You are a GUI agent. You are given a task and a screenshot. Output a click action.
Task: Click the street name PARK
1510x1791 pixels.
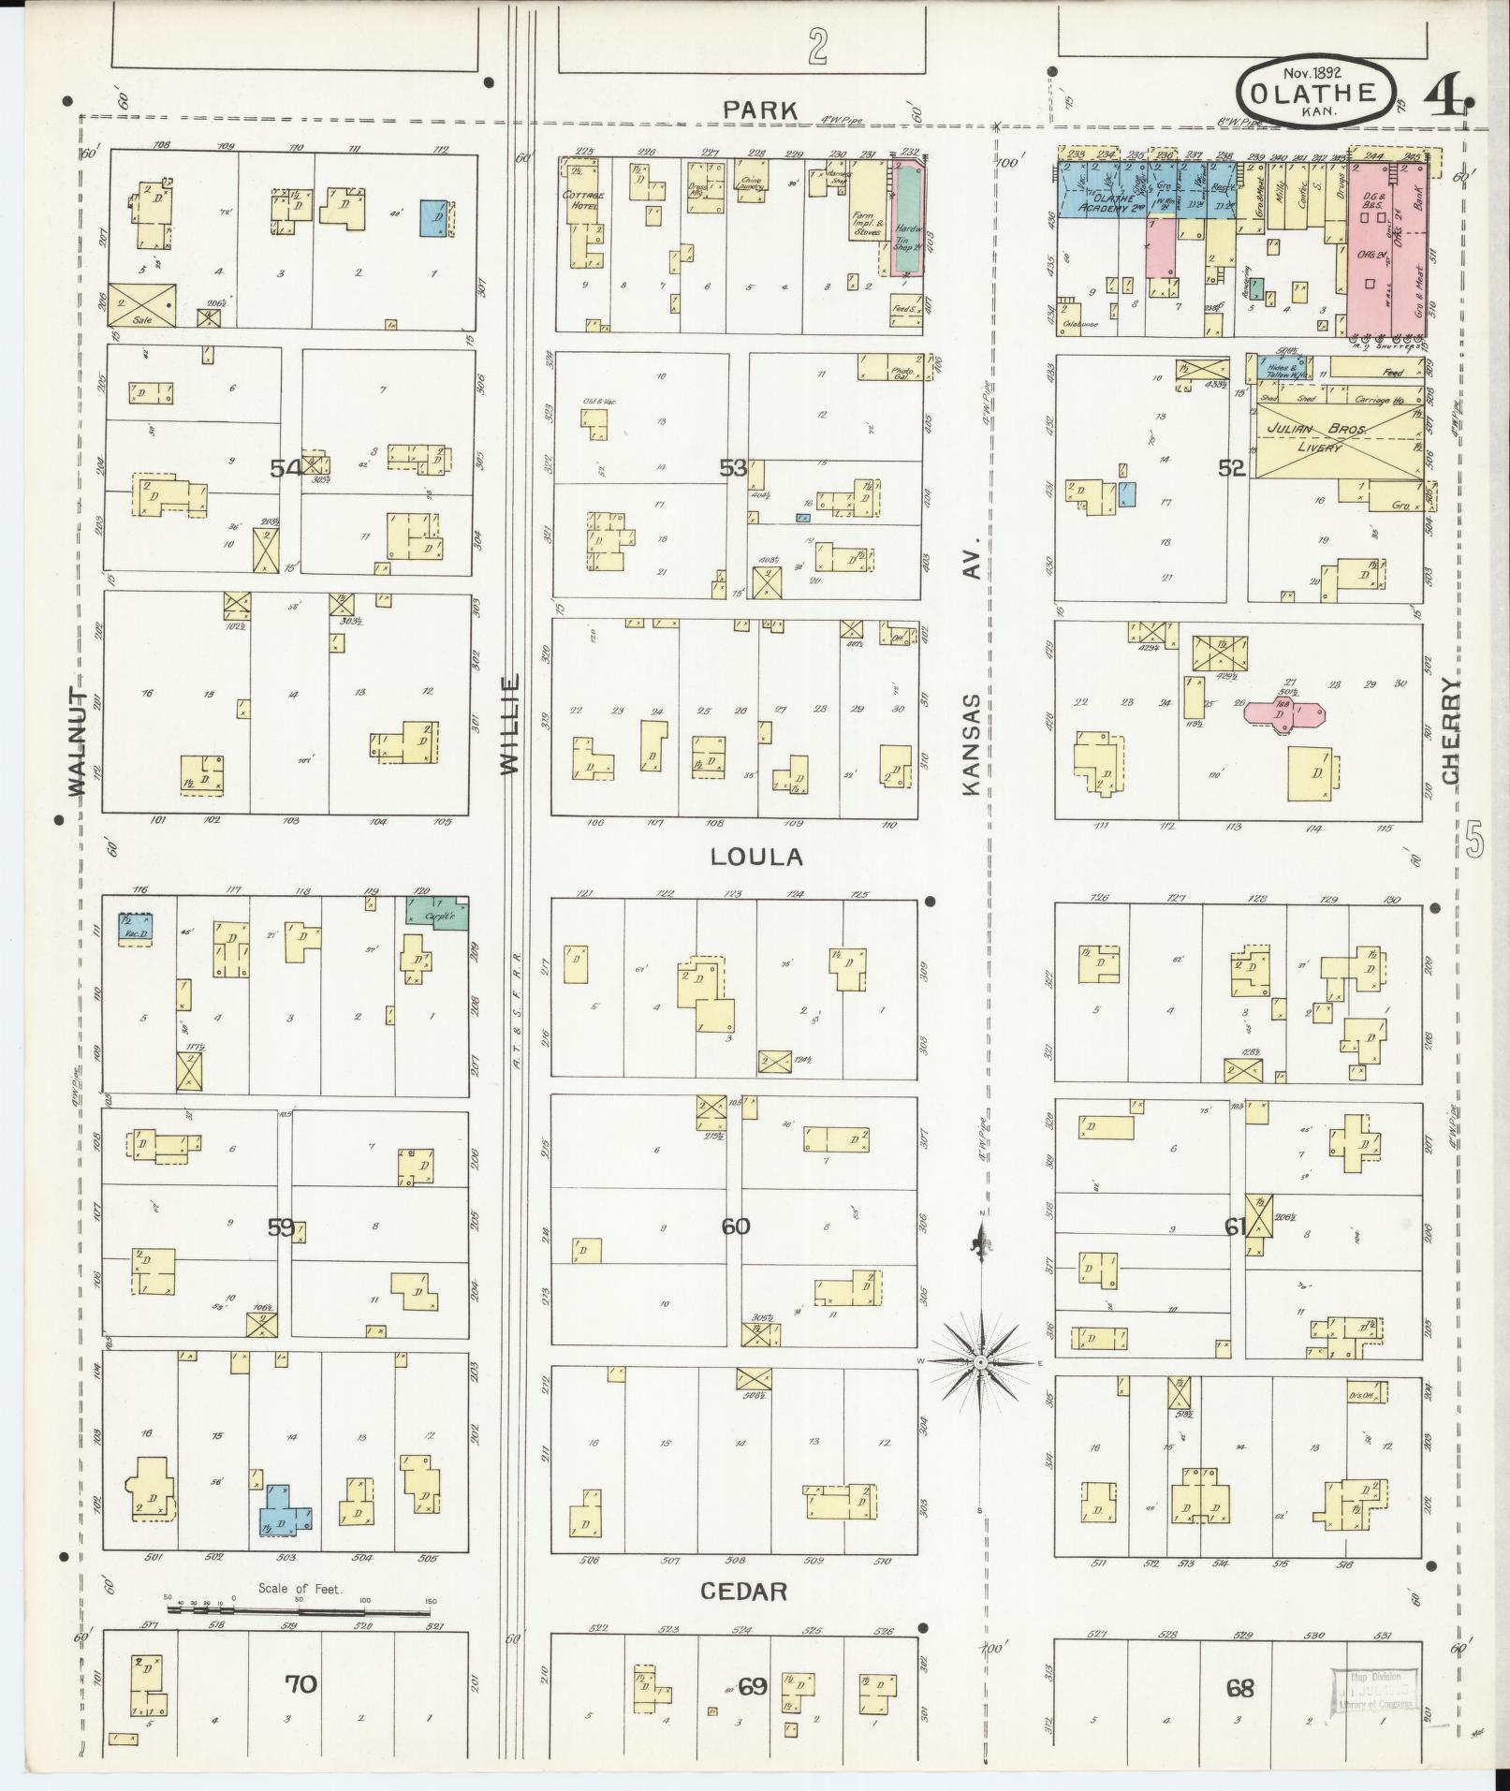tap(761, 110)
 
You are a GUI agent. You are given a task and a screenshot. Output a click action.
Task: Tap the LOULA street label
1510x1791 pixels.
tap(756, 857)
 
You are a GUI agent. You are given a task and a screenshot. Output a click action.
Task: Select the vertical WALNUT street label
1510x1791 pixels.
tap(78, 741)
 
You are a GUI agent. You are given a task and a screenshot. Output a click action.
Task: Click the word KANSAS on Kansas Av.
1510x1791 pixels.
tap(973, 744)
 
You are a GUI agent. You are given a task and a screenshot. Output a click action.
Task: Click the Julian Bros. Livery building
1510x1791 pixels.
tap(1331, 440)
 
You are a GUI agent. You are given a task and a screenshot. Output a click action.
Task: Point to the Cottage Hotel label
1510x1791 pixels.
tap(583, 199)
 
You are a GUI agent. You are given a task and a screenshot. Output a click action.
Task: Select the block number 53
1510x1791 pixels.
tap(733, 467)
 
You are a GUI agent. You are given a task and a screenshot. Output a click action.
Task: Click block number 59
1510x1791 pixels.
tap(281, 1227)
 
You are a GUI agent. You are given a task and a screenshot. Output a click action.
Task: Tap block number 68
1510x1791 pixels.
tap(1240, 1689)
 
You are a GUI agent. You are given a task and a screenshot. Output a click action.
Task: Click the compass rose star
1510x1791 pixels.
tap(979, 1362)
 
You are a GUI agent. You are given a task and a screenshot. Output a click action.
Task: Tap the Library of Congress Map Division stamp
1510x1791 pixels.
tap(1374, 1692)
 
